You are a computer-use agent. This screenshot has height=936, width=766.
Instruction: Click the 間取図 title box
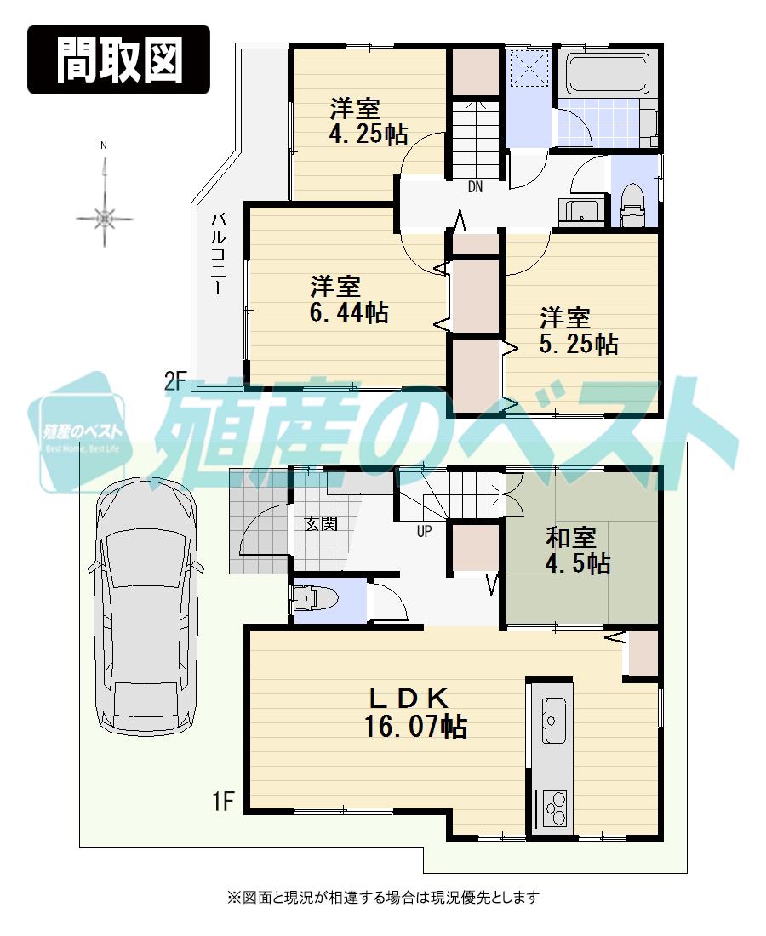(118, 59)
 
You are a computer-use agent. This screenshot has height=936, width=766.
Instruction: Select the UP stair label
(423, 533)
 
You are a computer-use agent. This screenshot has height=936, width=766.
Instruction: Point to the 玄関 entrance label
(322, 524)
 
